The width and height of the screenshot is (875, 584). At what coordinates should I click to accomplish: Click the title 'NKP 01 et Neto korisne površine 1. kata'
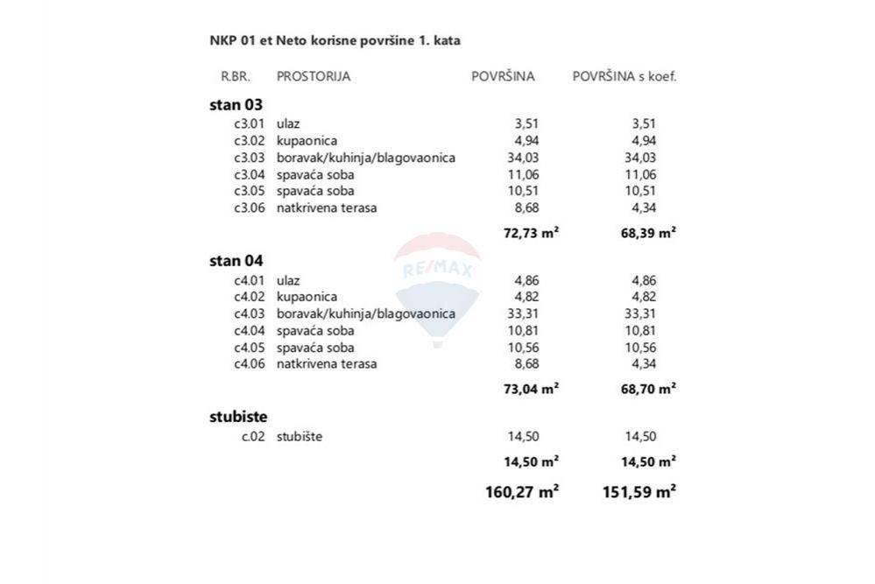point(335,40)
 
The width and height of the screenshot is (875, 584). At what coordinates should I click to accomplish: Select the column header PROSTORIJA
point(314,76)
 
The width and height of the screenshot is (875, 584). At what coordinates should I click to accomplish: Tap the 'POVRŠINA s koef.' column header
point(624,76)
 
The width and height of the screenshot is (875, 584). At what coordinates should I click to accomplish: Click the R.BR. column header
point(236,76)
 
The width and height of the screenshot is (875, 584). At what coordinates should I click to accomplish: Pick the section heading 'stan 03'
point(236,104)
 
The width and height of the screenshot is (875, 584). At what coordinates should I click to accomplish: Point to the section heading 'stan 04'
point(236,260)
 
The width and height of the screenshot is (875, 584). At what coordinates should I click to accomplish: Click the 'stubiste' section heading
point(238,416)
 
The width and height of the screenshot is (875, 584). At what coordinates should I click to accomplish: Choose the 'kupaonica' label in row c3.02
point(307,140)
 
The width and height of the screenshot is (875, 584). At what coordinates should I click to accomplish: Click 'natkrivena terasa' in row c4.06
point(327,363)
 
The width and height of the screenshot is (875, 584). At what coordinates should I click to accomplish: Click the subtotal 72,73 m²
point(532,232)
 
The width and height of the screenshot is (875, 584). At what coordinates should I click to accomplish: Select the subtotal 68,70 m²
point(647,388)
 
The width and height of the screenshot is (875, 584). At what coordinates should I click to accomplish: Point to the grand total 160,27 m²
point(522,492)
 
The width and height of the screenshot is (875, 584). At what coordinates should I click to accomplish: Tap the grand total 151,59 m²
point(639,492)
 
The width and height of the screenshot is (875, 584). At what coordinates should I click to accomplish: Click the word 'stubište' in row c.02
point(300,436)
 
